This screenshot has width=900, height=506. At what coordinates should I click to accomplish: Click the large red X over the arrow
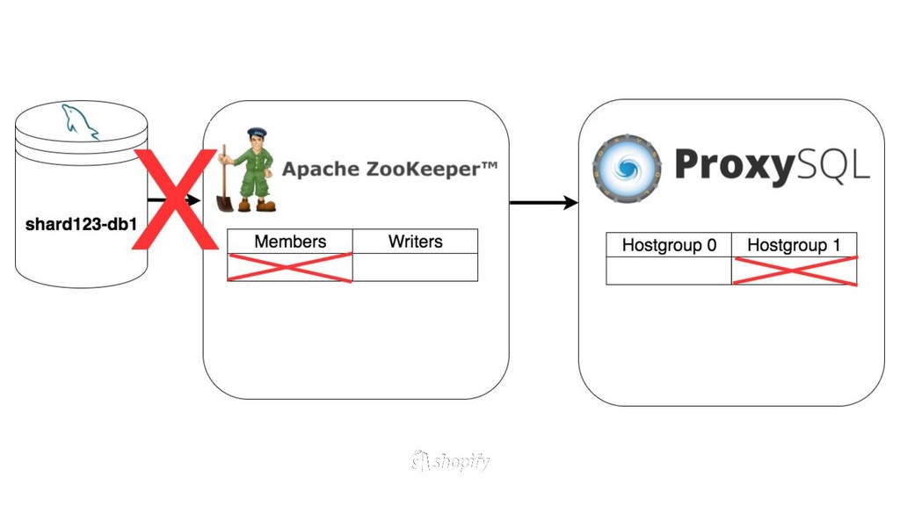(x=175, y=199)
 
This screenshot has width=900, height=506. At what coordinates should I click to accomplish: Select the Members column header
(x=290, y=242)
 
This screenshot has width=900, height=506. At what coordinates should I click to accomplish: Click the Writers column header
(x=415, y=242)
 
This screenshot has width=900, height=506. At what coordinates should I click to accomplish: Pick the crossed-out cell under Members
(x=290, y=267)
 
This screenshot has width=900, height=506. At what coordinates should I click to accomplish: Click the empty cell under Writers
(x=415, y=267)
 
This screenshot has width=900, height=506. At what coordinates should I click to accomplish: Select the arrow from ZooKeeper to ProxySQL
(x=543, y=203)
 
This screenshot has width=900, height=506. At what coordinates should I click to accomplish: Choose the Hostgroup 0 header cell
(x=669, y=245)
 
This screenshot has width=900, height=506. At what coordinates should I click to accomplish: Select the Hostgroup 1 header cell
(x=794, y=245)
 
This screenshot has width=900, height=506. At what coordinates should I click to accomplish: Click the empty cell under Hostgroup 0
(x=669, y=271)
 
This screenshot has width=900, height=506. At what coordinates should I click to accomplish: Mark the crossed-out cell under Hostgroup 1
(x=794, y=271)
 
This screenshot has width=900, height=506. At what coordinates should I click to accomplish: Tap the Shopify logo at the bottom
(x=450, y=461)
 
